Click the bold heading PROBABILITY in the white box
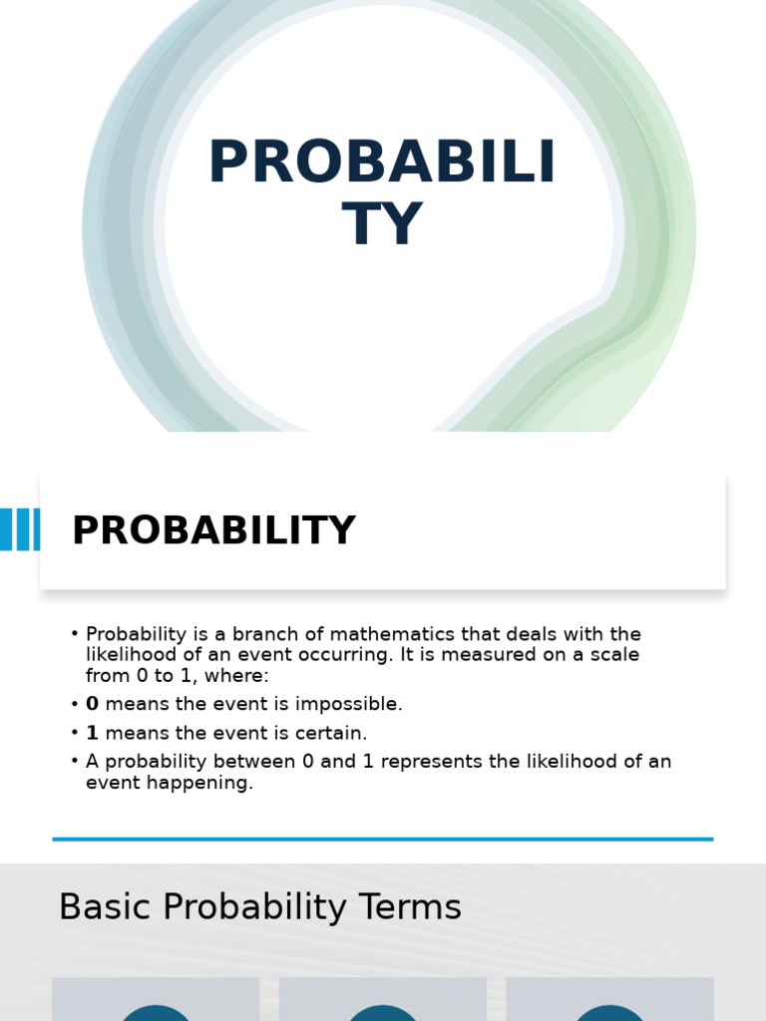pos(213,530)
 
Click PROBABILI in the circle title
pos(382,163)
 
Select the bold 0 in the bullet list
pos(93,704)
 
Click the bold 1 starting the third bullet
pos(93,733)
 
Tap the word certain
pos(333,733)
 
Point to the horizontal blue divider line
pos(383,840)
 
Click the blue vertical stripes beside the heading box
pos(20,529)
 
